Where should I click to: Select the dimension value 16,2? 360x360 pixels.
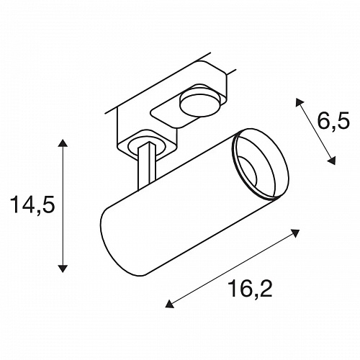[251, 289]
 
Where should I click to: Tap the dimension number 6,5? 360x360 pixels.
[333, 122]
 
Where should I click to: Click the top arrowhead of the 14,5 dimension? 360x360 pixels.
[63, 143]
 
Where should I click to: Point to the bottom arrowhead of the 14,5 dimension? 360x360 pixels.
[63, 268]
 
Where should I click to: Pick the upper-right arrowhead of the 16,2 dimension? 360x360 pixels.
[295, 233]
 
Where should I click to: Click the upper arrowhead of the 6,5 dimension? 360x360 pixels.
[299, 102]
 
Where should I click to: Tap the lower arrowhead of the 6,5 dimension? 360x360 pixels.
[331, 161]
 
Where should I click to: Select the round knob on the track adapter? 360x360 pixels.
[200, 104]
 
